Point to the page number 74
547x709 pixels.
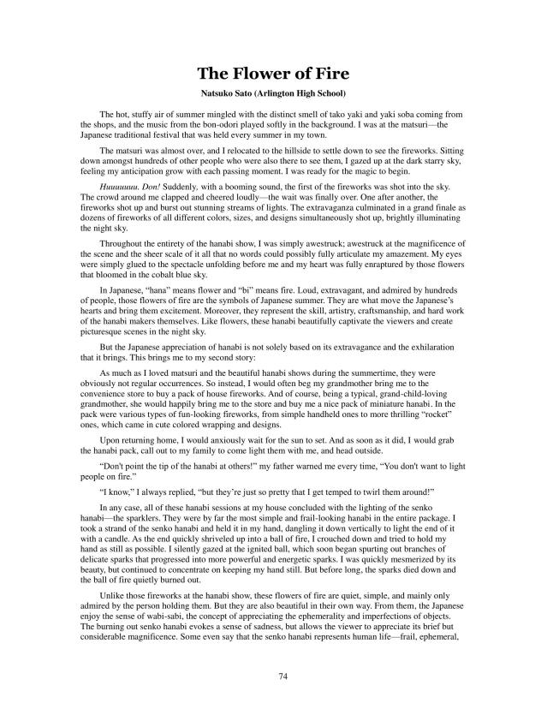273,676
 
